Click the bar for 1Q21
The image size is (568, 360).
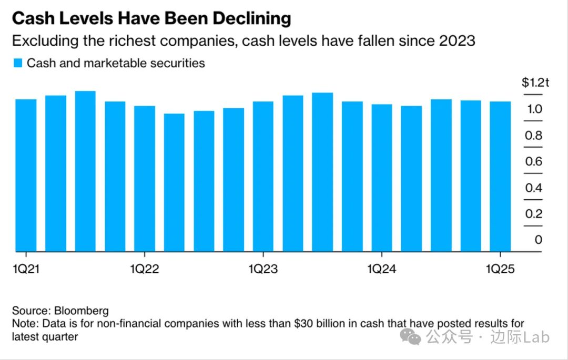26,175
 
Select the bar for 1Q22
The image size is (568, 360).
145,179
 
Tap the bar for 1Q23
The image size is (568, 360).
263,176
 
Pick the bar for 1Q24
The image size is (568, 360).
382,178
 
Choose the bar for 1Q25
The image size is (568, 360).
500,176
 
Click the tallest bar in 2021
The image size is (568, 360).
85,171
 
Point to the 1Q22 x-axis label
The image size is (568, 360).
145,269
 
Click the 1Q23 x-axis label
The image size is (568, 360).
263,269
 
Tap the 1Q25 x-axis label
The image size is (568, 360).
500,269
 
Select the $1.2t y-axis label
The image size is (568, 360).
535,83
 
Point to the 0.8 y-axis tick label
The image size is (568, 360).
534,136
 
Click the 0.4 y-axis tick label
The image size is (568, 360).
534,188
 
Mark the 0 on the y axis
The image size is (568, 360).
538,240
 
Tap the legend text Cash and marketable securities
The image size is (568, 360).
116,64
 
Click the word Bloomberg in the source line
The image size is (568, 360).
79,311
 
